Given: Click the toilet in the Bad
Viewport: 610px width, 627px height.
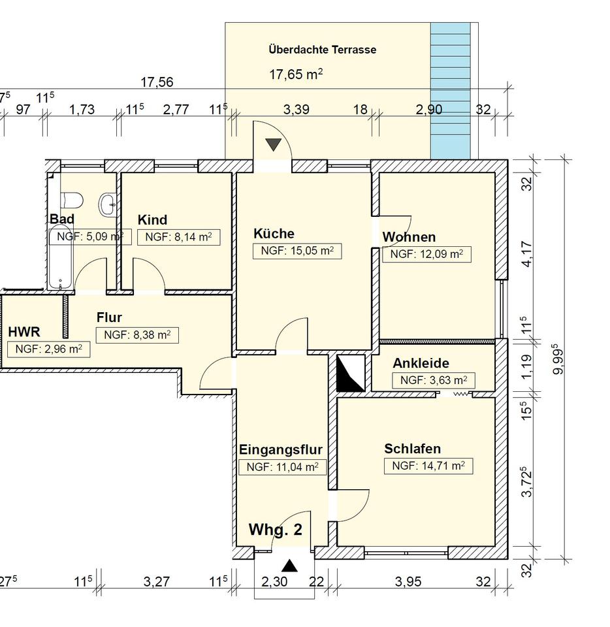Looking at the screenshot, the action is click(x=72, y=200).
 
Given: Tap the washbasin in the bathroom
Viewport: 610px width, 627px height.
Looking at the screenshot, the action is click(x=107, y=204).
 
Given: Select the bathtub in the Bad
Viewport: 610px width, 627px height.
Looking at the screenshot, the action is click(x=60, y=257).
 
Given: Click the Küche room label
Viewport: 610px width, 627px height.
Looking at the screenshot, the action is click(x=274, y=234).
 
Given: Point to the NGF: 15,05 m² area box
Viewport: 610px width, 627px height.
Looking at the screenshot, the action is click(x=297, y=251).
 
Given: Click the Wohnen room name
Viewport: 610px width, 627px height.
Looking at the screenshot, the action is click(x=409, y=236).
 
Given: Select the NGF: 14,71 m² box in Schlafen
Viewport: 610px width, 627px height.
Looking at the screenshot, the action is click(x=428, y=466).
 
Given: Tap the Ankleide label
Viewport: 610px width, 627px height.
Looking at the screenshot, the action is click(x=421, y=363).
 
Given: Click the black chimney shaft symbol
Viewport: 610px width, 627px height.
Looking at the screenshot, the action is click(x=351, y=373).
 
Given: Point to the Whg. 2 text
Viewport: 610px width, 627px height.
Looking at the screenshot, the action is click(x=276, y=530).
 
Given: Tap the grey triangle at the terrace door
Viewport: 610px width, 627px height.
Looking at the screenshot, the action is click(x=274, y=144).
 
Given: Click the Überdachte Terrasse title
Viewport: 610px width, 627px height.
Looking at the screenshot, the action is click(x=323, y=50).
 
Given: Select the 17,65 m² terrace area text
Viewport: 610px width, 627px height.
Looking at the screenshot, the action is click(x=296, y=74).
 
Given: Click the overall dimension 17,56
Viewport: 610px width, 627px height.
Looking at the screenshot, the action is click(x=157, y=82).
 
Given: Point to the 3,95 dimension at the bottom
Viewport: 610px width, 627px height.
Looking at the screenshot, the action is click(x=408, y=581).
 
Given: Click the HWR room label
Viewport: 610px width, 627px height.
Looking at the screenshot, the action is click(x=24, y=332).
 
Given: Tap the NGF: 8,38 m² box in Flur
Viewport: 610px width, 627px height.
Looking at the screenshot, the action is click(x=137, y=335).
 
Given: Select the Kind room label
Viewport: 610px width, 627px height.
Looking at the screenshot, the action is click(x=152, y=220).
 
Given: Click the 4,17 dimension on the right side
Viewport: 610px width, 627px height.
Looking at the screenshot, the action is click(x=527, y=253).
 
